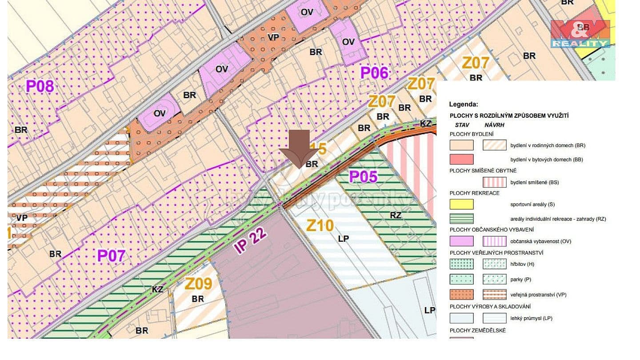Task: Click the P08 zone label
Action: point(40,86)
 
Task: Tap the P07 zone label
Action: point(111,256)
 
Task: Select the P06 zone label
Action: point(374,72)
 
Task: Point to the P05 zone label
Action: point(363,176)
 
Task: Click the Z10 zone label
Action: point(320,226)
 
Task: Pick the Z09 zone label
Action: point(198,283)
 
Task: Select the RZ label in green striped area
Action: point(396,216)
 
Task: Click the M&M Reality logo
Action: point(580,34)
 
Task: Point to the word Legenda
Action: point(464,104)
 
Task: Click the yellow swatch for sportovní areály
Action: point(461,204)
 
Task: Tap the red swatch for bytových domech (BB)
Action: point(461,159)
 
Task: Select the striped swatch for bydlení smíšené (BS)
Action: point(494,182)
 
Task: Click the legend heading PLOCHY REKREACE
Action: point(474,193)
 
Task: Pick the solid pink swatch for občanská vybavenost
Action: point(461,241)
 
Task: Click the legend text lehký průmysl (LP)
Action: point(531,318)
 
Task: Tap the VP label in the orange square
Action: point(273,38)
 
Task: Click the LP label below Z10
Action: point(343,239)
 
